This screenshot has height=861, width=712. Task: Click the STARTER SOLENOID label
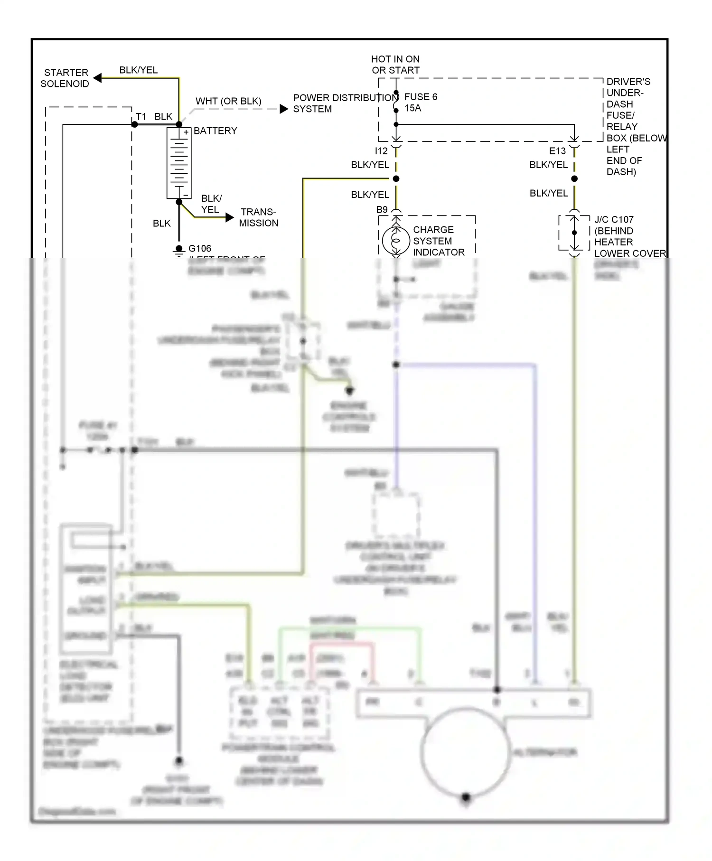66,78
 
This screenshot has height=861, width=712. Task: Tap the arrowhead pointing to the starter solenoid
98,78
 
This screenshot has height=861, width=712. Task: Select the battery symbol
179,163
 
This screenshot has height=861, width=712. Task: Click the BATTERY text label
215,131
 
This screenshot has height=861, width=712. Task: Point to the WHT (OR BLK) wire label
228,101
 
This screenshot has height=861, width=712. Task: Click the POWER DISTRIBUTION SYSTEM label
345,103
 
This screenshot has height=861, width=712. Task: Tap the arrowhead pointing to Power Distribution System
284,109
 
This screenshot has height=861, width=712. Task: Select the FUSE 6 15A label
421,103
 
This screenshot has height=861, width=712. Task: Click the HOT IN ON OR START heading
395,65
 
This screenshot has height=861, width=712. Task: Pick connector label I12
381,151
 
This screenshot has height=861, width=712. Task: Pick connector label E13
557,151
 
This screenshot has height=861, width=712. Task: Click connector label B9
382,209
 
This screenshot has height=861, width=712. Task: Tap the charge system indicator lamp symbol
396,241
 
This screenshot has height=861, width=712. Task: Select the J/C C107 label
614,220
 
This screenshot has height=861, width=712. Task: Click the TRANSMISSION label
258,217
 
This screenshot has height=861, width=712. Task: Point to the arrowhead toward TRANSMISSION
230,217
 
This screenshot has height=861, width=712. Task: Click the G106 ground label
200,248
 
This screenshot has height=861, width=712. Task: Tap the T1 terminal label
141,117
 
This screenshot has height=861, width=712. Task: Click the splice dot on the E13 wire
574,179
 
